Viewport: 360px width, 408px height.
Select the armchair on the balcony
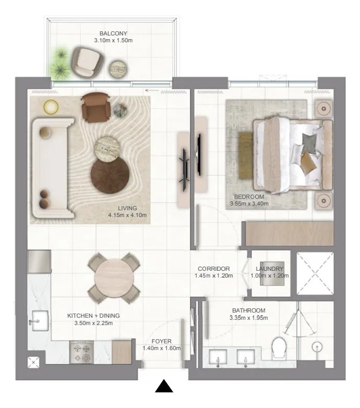[x=86, y=61]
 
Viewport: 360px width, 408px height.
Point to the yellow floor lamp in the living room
[x=51, y=107]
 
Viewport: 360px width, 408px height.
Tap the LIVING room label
[x=127, y=208]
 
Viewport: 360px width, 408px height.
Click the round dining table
[x=114, y=278]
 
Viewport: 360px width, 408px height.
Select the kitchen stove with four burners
[x=82, y=352]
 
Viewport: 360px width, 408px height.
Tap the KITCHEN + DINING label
[x=93, y=316]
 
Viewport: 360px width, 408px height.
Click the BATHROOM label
[x=249, y=310]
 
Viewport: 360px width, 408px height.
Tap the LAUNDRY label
[x=270, y=269]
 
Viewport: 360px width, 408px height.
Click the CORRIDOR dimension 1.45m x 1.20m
[x=214, y=275]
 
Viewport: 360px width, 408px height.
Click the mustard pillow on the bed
[x=309, y=163]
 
